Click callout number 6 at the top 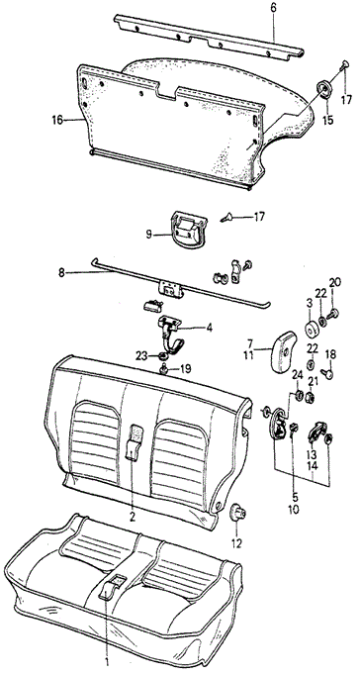pos(274,7)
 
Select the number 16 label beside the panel pos(57,119)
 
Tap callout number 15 pos(328,119)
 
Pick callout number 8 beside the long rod pos(62,272)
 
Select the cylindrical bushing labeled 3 pos(311,330)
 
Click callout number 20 pos(335,282)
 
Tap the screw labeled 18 pos(327,372)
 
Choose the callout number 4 pos(209,328)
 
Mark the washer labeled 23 pos(163,356)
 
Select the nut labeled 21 pos(310,398)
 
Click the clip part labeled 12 pos(237,513)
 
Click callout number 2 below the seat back pos(133,517)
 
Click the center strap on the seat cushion pos(111,587)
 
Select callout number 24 pos(297,376)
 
